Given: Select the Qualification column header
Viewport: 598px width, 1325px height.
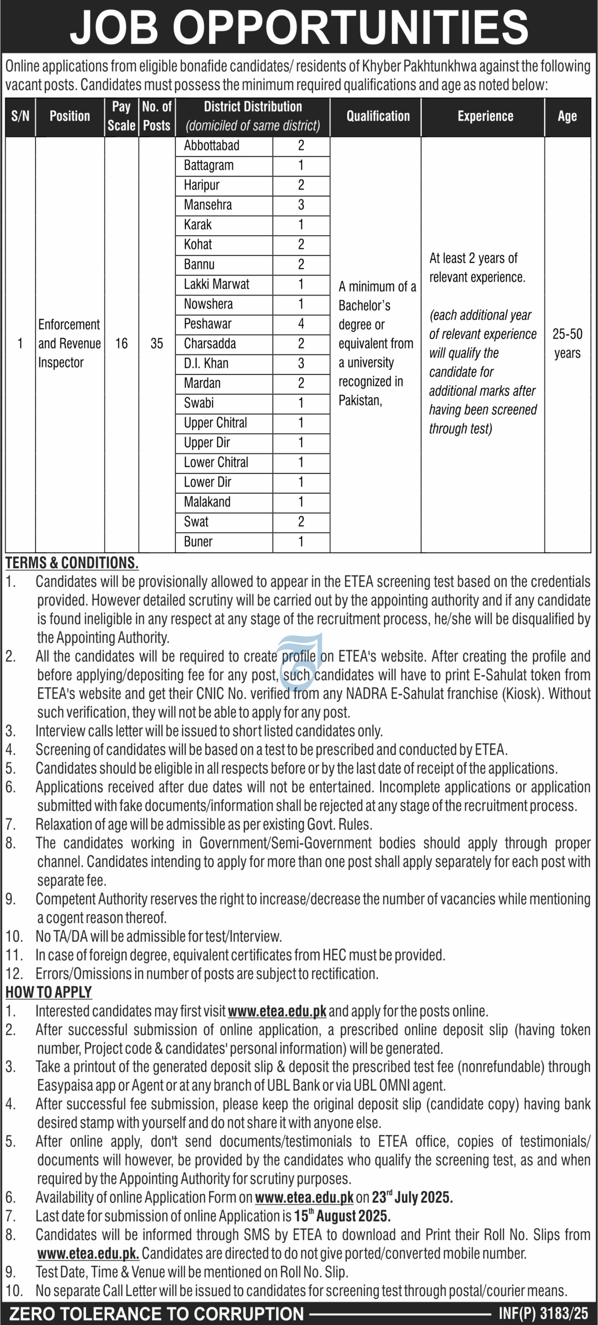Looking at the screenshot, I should click(378, 116).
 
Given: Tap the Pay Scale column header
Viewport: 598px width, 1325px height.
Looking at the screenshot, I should click(121, 116).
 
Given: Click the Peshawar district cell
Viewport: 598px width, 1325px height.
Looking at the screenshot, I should click(208, 324).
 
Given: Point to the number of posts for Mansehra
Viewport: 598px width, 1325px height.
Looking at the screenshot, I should click(301, 205).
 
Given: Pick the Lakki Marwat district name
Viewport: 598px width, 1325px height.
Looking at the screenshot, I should click(217, 284).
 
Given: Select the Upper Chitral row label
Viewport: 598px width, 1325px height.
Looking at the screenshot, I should click(215, 423).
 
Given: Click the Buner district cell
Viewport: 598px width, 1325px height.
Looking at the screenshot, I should click(198, 542).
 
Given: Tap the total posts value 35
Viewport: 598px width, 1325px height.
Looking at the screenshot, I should click(157, 344).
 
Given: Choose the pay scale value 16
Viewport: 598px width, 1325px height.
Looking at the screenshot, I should click(121, 344).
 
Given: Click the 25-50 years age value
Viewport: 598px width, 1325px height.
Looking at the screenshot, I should click(567, 344).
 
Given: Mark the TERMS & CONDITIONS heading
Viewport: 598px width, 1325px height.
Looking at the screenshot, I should click(72, 563).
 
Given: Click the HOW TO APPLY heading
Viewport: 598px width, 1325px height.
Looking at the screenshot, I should click(49, 992).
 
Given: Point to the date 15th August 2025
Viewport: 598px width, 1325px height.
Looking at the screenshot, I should click(342, 1216).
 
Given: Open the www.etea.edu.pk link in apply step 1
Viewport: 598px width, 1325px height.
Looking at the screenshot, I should click(277, 1011).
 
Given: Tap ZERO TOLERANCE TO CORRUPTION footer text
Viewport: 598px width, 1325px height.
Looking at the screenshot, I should click(157, 1314).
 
